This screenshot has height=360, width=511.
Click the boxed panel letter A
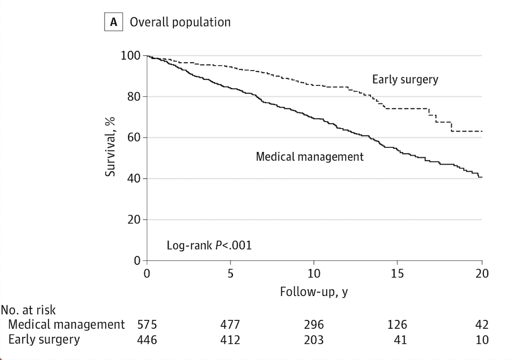pos(114,22)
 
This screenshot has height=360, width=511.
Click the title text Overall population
pos(180,22)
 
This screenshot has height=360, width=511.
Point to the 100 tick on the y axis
pos(131,55)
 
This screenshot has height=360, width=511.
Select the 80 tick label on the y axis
pos(134,96)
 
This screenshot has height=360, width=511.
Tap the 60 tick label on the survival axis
pos(134,137)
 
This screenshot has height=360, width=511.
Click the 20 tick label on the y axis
pos(134,220)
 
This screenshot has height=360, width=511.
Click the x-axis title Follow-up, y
pos(314,292)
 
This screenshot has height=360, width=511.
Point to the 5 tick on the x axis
pos(230,274)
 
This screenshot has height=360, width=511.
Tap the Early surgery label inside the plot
pos(405,80)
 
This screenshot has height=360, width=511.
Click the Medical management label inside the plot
pos(310,157)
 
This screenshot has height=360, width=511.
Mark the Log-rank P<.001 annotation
pos(209,245)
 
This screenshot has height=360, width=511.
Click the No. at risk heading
pos(28,310)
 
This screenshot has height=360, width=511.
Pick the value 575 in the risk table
pos(147,325)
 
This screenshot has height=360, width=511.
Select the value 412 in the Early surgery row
pos(230,340)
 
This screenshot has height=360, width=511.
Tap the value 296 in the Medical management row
pos(314,325)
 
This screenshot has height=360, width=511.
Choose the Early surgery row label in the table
pos(44,340)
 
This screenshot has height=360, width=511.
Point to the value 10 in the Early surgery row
pos(482,340)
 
